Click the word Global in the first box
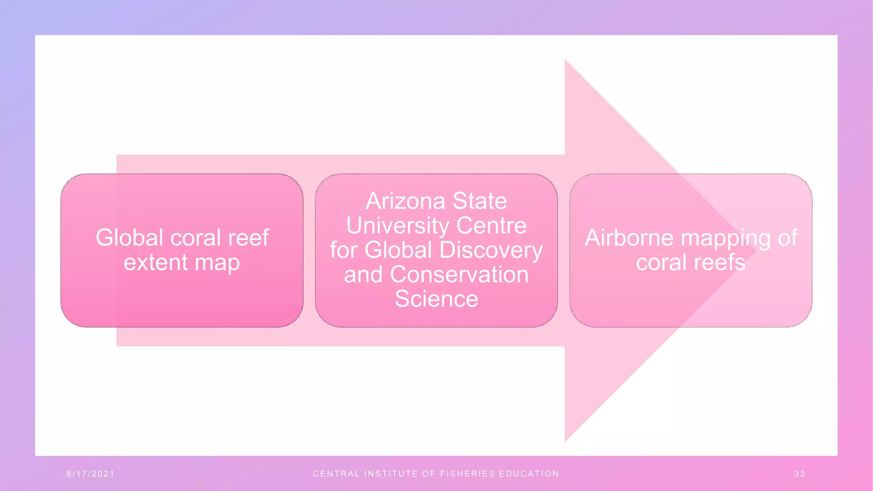pyautogui.click(x=129, y=237)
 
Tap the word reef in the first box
pyautogui.click(x=248, y=237)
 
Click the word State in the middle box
pyautogui.click(x=480, y=201)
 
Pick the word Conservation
pyautogui.click(x=459, y=274)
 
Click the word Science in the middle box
pyautogui.click(x=436, y=299)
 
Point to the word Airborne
pyautogui.click(x=629, y=238)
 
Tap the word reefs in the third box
pyautogui.click(x=720, y=262)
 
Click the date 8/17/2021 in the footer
pyautogui.click(x=90, y=474)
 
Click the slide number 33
pyautogui.click(x=800, y=474)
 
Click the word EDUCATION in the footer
pyautogui.click(x=529, y=474)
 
